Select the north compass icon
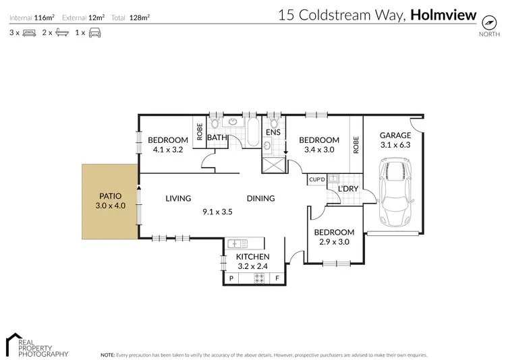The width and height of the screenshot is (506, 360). (485, 22)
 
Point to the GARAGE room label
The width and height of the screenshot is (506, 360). (395, 135)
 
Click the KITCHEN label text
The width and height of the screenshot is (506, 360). (252, 257)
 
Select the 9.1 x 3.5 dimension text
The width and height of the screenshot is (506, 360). (217, 211)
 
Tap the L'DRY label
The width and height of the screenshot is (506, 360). (348, 188)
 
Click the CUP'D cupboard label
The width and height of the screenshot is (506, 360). (316, 179)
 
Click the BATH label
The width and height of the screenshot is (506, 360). (217, 138)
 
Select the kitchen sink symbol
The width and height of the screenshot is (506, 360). (237, 243)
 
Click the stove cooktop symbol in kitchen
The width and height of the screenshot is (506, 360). (258, 278)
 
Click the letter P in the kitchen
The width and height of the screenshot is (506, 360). (231, 278)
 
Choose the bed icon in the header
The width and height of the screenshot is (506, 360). (29, 32)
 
